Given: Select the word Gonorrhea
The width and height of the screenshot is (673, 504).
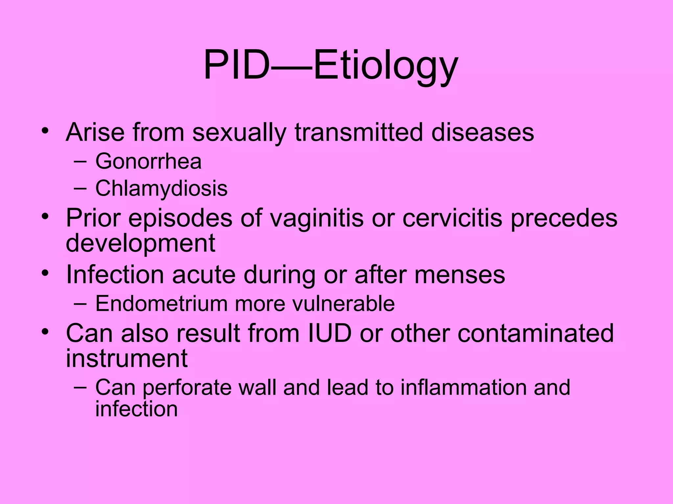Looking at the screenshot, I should coord(148,161).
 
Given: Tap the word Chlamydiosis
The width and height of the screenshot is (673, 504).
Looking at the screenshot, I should coord(161,189).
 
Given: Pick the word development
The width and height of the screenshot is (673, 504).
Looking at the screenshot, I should coord(141,243).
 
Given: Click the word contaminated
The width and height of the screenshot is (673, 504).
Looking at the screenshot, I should coord(536,333).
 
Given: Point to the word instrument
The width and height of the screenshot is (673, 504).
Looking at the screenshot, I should coord(127,358).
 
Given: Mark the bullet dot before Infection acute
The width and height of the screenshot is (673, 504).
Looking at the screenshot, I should coord(45,273).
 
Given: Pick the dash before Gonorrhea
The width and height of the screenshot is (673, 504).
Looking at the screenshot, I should coord(80,161).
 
